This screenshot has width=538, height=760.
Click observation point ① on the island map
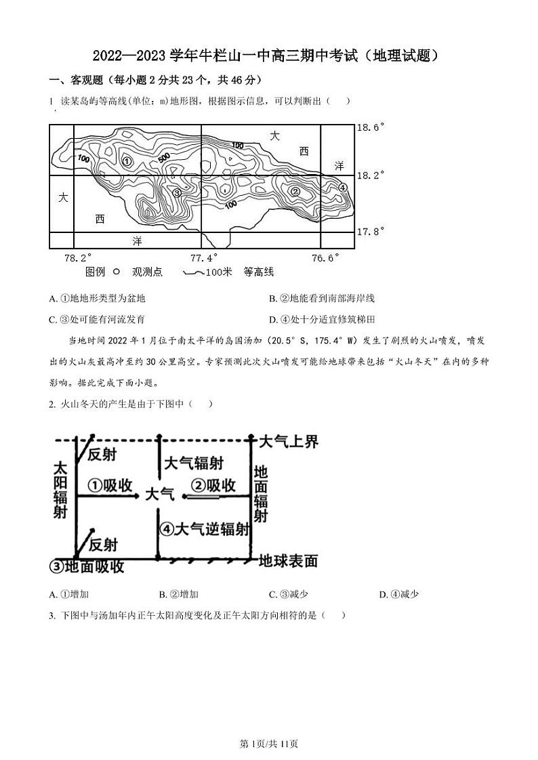[x=127, y=161]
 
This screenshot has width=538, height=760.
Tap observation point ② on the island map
[x=295, y=192]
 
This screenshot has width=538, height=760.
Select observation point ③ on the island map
[x=177, y=193]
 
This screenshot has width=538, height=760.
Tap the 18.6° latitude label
[x=371, y=127]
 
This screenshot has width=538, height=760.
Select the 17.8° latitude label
[x=371, y=232]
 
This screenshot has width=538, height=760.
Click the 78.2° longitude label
[x=77, y=258]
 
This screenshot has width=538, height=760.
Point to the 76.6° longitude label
[x=325, y=258]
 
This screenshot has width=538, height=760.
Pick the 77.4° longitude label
[x=203, y=258]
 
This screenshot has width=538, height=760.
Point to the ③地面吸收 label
[x=88, y=566]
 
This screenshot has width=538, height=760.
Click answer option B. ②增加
[x=178, y=595]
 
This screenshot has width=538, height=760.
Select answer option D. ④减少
[x=399, y=595]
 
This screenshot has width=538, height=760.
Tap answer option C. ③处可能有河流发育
[x=98, y=319]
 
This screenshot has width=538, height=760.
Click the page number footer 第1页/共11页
[x=270, y=744]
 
